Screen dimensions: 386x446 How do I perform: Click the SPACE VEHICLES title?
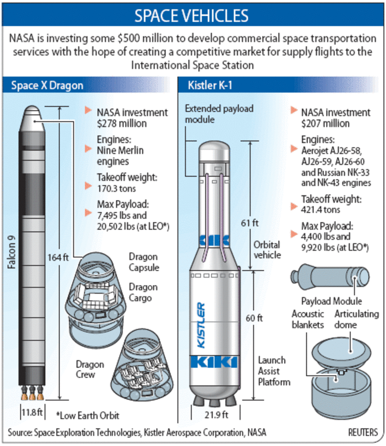click(x=191, y=16)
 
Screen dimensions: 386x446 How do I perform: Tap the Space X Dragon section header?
click(x=47, y=85)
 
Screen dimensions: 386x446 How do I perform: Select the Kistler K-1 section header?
click(x=210, y=85)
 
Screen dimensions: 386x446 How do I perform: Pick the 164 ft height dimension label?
click(x=58, y=258)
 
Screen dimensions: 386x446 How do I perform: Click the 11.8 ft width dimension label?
click(x=32, y=412)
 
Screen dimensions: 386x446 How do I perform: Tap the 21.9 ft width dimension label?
click(x=216, y=415)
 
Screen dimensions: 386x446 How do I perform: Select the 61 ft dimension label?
click(x=250, y=223)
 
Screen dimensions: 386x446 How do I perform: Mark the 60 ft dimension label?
click(x=254, y=318)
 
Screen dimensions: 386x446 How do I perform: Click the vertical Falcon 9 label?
click(x=12, y=252)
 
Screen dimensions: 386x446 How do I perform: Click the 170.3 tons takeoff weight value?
click(x=116, y=188)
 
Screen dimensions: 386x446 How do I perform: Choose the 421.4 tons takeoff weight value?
click(x=320, y=210)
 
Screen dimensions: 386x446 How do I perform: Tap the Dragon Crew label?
click(x=90, y=369)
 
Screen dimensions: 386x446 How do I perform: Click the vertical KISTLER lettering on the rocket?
click(x=202, y=325)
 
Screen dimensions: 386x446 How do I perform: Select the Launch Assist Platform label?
click(x=274, y=371)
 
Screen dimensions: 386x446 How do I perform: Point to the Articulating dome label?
click(x=357, y=319)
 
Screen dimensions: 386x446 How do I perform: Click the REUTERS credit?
click(x=363, y=432)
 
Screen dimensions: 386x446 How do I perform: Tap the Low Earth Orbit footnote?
click(x=87, y=416)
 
